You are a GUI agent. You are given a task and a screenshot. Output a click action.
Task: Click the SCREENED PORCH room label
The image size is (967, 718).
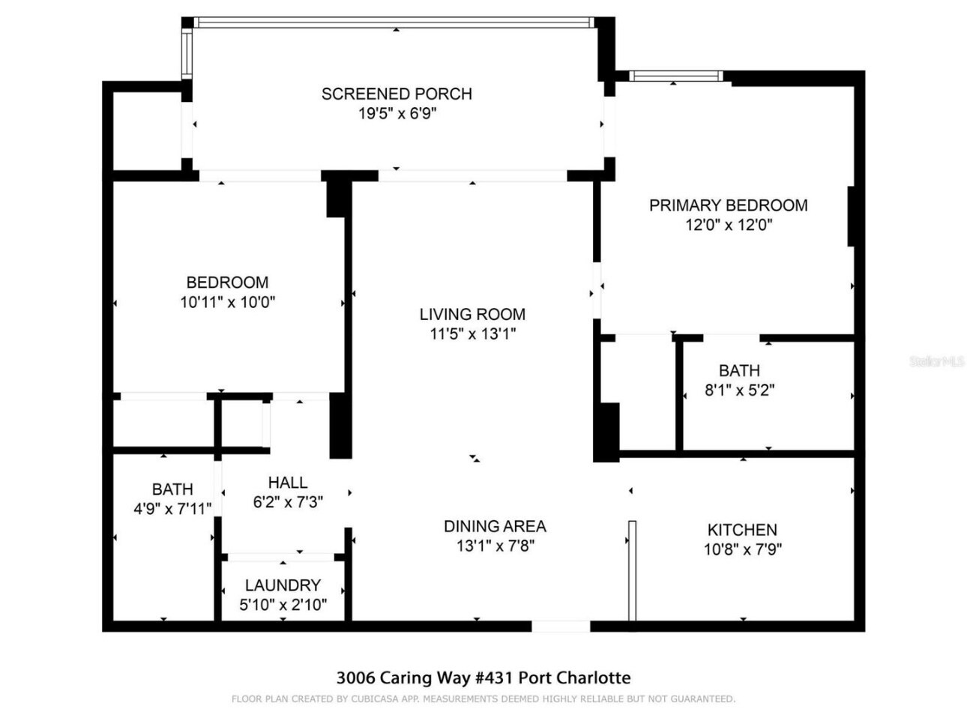(x=397, y=94)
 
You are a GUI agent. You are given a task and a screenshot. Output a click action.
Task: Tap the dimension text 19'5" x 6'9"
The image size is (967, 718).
(x=397, y=114)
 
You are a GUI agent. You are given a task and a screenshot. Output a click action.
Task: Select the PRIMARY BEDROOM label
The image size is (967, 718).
(x=728, y=205)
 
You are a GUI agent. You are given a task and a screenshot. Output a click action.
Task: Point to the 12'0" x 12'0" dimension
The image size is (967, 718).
(x=728, y=225)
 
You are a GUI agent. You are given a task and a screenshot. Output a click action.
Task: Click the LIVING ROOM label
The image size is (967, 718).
(x=472, y=315)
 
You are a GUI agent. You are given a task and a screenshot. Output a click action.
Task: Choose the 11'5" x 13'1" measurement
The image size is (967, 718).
(x=472, y=334)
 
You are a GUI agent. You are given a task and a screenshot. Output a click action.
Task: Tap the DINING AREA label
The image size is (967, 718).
(x=495, y=526)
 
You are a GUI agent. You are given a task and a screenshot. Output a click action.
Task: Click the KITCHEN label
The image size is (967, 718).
(x=742, y=530)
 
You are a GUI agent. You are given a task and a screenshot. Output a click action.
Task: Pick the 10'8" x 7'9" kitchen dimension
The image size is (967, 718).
(x=742, y=549)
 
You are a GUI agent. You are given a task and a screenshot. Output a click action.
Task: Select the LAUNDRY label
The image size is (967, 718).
(x=283, y=585)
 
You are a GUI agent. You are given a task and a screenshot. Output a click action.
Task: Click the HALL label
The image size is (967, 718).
(x=288, y=483)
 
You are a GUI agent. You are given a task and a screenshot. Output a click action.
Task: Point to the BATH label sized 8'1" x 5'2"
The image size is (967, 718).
(x=739, y=371)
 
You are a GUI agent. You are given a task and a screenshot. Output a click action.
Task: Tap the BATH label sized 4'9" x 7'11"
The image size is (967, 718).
(x=172, y=489)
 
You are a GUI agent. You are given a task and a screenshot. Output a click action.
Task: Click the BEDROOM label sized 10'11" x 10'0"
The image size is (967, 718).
(x=227, y=283)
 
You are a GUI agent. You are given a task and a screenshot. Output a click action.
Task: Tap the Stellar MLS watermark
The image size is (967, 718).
(x=936, y=362)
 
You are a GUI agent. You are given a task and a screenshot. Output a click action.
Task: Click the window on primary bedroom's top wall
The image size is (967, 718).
(x=675, y=76)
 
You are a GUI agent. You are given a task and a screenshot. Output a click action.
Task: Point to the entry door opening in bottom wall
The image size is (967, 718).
(x=561, y=626)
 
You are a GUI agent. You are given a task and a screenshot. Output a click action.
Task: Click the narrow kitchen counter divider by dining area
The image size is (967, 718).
(x=632, y=570)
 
